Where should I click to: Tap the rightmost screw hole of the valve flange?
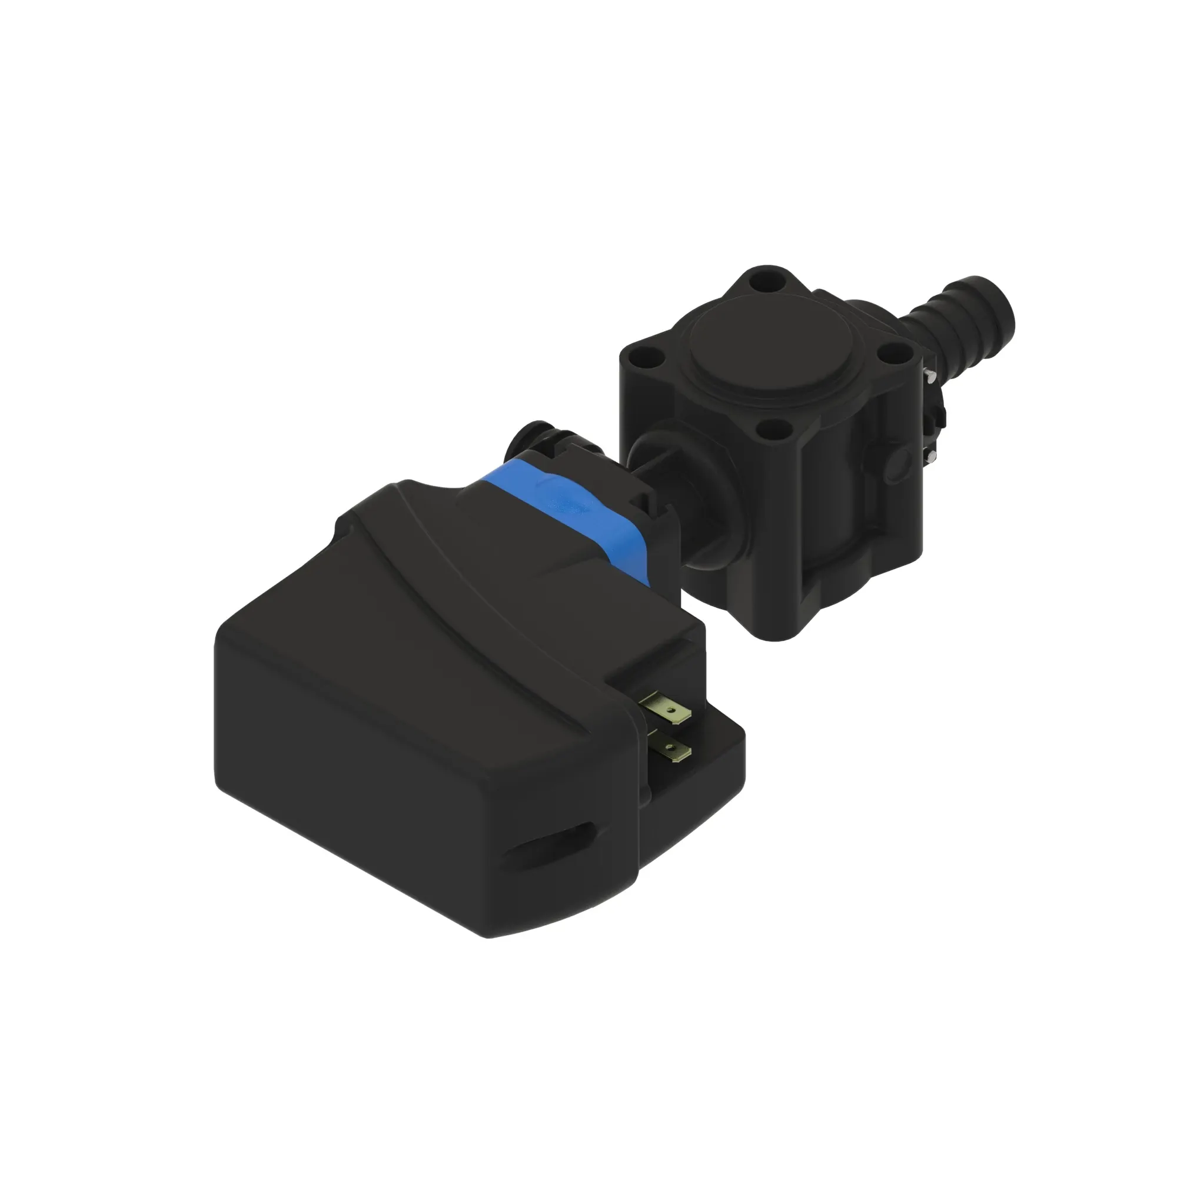click(888, 351)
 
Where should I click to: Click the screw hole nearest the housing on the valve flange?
click(775, 431)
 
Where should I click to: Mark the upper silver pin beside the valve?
click(931, 377)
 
